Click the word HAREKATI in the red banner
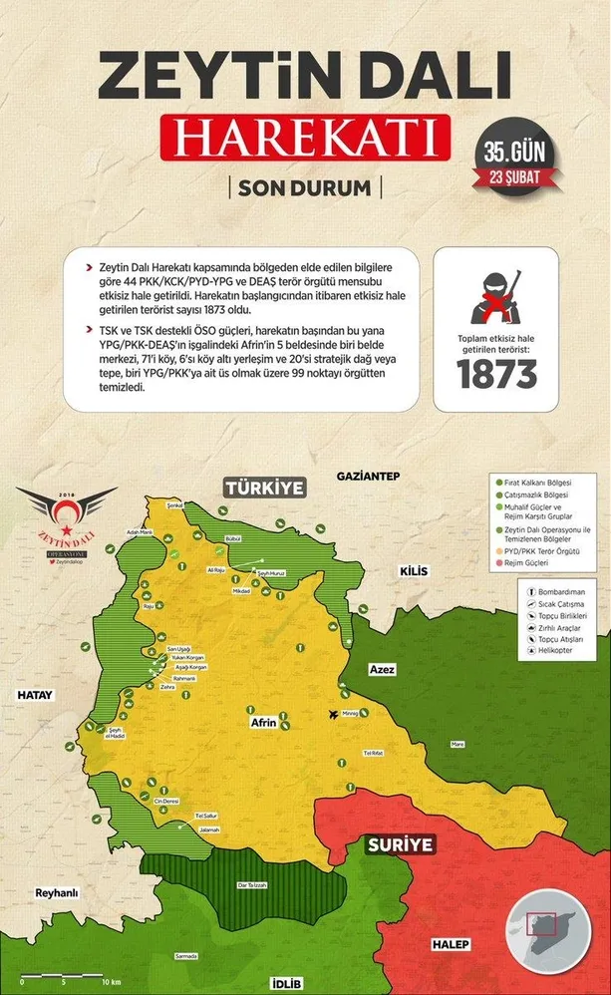(x=305, y=139)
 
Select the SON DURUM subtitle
(x=304, y=187)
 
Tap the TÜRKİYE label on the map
(x=262, y=489)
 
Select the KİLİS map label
(x=413, y=570)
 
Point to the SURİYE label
(x=399, y=844)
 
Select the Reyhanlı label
(x=56, y=892)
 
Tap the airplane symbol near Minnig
(x=333, y=713)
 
